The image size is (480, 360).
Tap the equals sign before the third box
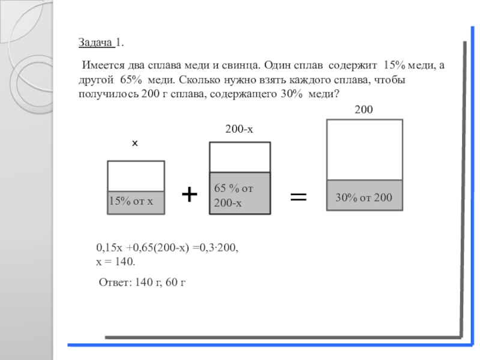point(298,197)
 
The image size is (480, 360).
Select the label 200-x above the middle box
point(239,130)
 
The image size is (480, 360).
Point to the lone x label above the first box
point(135,144)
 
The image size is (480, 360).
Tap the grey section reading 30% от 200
point(364,196)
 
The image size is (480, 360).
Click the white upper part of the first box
point(136,176)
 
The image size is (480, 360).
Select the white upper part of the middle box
point(239,157)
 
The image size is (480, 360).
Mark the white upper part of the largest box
point(364,149)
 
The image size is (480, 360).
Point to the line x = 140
point(116,262)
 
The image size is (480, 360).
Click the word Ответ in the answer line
point(114,282)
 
